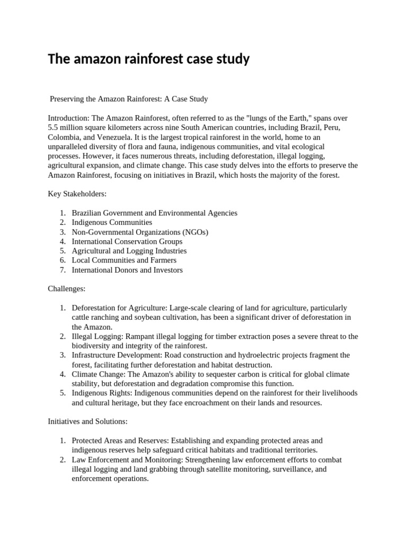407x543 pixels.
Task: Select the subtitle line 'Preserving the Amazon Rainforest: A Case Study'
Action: (x=129, y=99)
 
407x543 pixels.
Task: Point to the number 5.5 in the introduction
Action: (x=54, y=127)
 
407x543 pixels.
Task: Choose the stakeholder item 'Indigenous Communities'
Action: (x=112, y=222)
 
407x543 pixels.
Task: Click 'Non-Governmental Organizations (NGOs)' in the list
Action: (x=140, y=232)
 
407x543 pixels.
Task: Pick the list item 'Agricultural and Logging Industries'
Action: (x=129, y=251)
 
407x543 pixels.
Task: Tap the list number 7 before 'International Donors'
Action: (x=62, y=270)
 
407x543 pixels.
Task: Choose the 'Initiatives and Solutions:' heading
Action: (x=87, y=422)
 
